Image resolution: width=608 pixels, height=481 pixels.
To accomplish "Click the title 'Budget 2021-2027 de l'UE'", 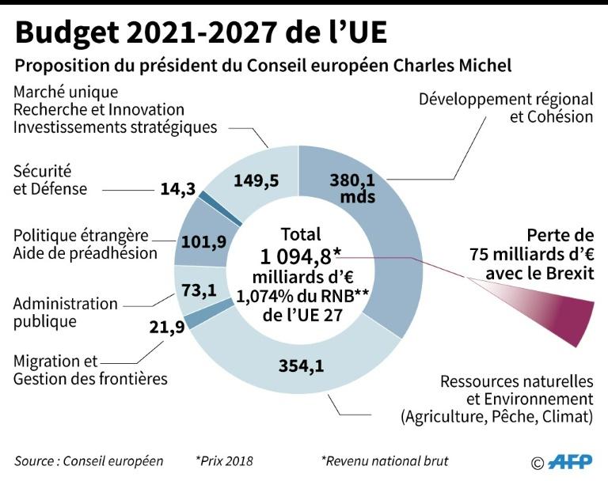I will point(202,32).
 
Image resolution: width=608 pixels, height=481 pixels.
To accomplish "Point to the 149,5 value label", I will point(256,180).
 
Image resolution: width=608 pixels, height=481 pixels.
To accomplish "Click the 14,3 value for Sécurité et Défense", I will point(177,190).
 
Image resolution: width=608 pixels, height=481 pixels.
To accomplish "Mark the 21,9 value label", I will point(166,327).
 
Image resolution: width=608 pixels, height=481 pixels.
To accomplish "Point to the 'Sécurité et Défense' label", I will point(50,180).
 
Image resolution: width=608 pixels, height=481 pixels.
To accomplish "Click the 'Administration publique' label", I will point(65,312).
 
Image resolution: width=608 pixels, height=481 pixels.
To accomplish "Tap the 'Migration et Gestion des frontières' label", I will point(90,369).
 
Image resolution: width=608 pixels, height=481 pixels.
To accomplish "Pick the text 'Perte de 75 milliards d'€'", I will point(532,245).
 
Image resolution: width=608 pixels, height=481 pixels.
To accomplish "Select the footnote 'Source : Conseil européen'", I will point(89,460).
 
